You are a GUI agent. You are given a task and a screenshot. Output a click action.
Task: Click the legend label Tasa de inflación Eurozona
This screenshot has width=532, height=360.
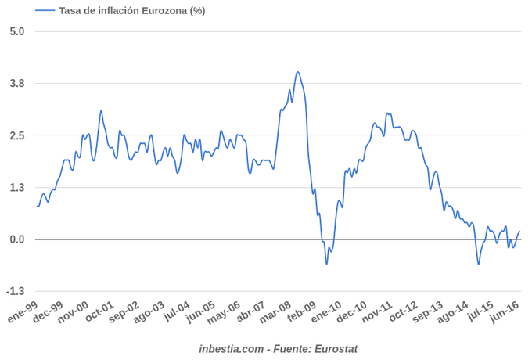132,10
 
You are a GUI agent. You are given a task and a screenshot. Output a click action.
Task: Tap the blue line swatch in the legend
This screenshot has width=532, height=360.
45,10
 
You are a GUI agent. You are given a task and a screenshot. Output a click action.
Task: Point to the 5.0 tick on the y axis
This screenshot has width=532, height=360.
17,31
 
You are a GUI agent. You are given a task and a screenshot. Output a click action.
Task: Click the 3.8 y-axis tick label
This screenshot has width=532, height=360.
17,84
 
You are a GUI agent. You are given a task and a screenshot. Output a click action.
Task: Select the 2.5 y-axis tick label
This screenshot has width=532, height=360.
17,135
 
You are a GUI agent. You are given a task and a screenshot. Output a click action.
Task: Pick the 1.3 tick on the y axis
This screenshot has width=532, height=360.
17,188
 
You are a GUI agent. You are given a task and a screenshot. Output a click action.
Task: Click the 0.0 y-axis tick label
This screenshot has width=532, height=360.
17,239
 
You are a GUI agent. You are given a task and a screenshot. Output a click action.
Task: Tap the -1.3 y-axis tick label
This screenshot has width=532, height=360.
16,292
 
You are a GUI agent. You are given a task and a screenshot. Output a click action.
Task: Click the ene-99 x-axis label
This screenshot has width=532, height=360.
23,314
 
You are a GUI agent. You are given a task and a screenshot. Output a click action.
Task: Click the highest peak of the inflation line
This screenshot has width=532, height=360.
297,72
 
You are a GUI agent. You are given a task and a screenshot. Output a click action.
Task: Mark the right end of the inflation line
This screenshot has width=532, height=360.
520,231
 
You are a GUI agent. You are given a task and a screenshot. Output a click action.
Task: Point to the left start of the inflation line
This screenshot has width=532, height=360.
37,206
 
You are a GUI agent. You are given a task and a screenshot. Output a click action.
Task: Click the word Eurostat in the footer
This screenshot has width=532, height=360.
336,348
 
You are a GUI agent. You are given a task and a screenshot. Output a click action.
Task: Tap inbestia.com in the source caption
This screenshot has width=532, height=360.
231,348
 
